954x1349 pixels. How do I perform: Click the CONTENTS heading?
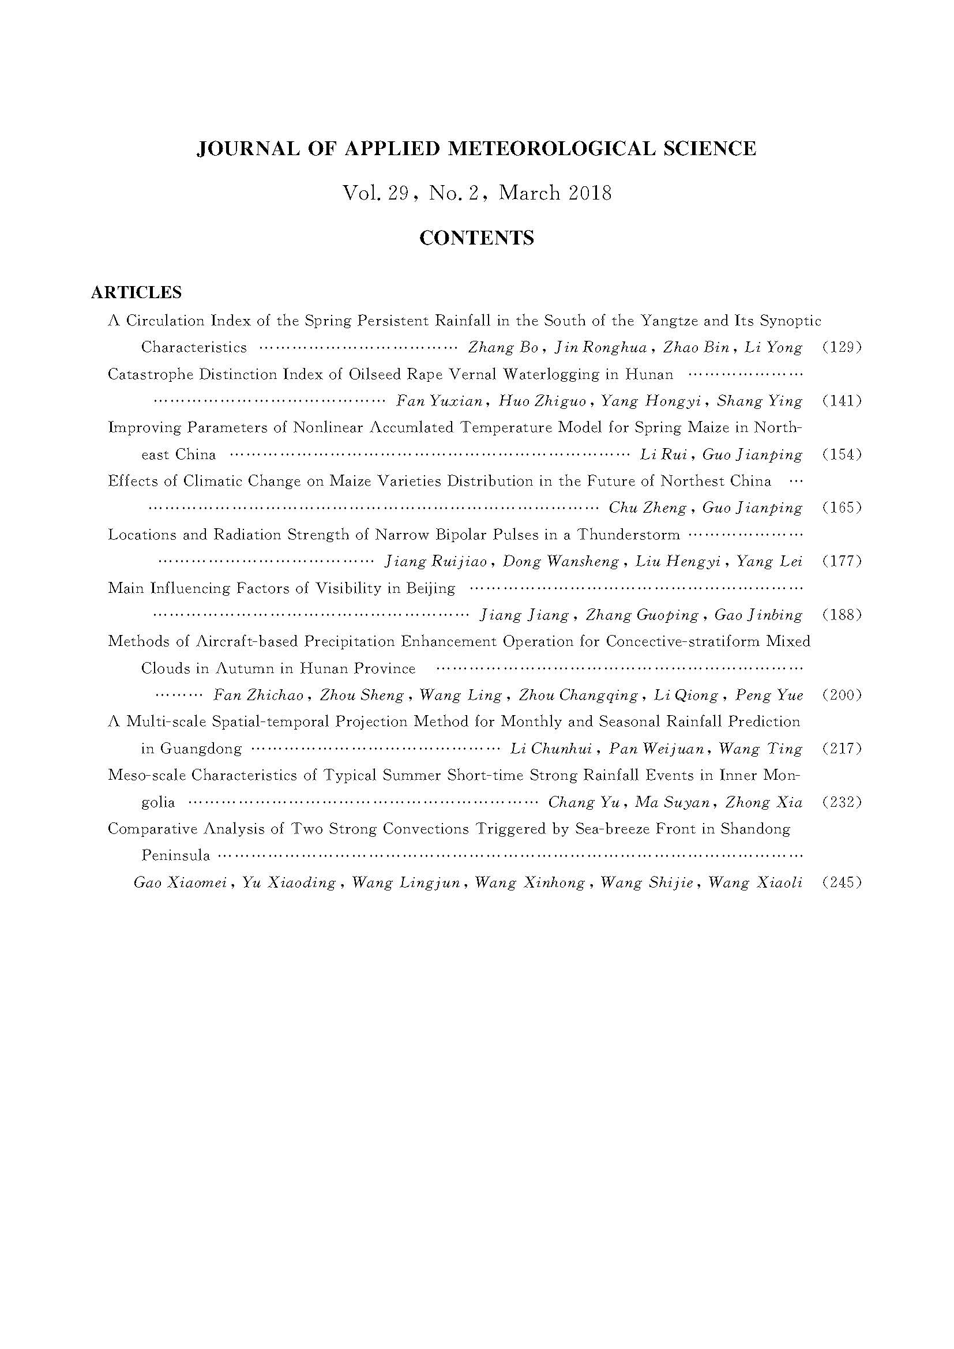tap(476, 238)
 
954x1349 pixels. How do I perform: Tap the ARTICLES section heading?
tap(136, 292)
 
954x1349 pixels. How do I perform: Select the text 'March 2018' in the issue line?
tap(555, 193)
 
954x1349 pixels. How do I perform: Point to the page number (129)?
tap(842, 347)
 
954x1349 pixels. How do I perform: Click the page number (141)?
tap(842, 401)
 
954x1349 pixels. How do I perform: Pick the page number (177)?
tap(842, 561)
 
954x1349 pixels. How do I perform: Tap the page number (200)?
tap(842, 695)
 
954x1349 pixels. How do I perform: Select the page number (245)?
tap(842, 882)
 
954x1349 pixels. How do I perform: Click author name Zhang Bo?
tap(503, 347)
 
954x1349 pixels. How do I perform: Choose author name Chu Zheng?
tap(646, 508)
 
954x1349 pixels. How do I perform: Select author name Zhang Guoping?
tap(641, 615)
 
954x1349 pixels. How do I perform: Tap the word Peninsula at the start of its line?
tap(176, 855)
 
